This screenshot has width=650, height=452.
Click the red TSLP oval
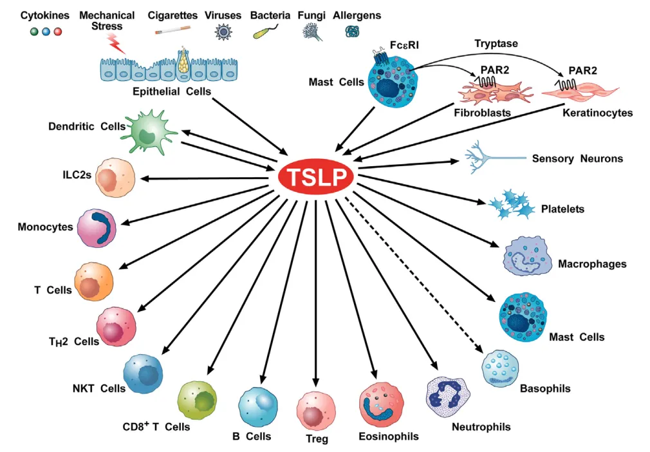coord(316,176)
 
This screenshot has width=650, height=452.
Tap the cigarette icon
coord(172,30)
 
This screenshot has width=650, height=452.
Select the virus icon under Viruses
coord(223,32)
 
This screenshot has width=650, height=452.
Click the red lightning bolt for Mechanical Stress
coord(116,44)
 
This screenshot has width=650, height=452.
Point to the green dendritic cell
coord(149,132)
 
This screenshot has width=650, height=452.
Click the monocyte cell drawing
coord(97,228)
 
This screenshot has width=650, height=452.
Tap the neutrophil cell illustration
coord(448,397)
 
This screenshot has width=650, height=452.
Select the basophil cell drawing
coord(500,368)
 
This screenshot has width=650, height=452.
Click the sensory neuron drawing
coord(494,157)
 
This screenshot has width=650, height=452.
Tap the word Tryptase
coord(496,44)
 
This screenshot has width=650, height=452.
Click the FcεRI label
coord(404,45)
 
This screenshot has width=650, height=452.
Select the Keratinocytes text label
coord(597,113)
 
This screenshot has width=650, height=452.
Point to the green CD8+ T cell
coord(197,400)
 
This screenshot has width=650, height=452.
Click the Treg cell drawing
coord(316,411)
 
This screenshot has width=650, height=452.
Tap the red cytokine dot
coord(58,32)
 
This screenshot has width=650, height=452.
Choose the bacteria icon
coord(265,32)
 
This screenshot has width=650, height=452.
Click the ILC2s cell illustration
coord(115,177)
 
